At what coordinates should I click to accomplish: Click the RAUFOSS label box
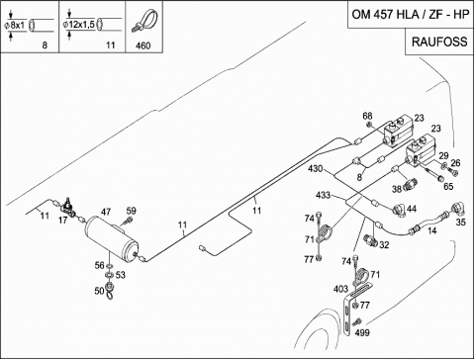[439, 42]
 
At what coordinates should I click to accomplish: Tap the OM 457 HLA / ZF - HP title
[411, 15]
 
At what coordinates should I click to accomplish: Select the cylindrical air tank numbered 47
[112, 236]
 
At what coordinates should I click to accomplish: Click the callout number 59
[131, 211]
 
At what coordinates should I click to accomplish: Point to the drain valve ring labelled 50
[110, 290]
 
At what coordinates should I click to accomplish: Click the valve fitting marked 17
[68, 208]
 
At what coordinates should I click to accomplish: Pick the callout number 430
[315, 168]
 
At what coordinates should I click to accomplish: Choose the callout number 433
[323, 195]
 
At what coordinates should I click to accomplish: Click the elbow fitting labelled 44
[400, 211]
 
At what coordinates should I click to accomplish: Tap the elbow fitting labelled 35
[458, 208]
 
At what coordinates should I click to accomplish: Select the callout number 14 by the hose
[432, 230]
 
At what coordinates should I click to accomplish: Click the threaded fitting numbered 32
[371, 239]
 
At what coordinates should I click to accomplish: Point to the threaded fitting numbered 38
[410, 183]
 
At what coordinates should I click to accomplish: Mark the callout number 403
[340, 289]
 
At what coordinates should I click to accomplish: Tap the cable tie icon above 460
[144, 22]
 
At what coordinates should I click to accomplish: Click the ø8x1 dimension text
[15, 25]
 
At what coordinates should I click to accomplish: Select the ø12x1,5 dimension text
[79, 24]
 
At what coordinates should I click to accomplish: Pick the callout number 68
[367, 116]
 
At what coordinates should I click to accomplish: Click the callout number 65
[448, 186]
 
